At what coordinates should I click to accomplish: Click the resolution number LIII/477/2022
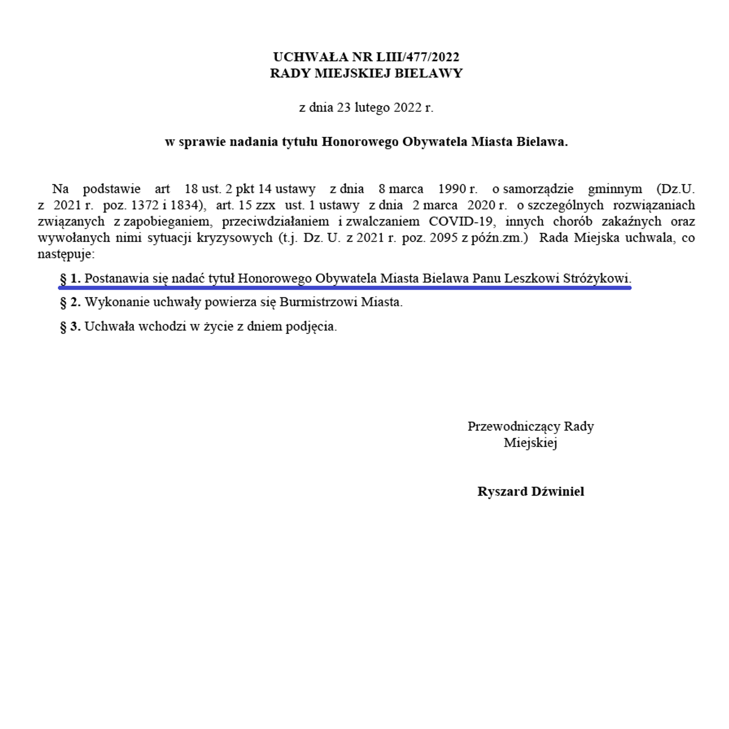point(418,57)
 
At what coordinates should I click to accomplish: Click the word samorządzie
point(538,189)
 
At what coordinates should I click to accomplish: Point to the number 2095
point(445,238)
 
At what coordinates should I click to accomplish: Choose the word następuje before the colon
point(64,254)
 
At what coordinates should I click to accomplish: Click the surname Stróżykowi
point(596,278)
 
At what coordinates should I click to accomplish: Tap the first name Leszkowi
point(531,278)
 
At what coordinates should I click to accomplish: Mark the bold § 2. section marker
point(70,302)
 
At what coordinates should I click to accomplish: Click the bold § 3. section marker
point(70,327)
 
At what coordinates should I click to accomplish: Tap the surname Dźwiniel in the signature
point(557,492)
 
